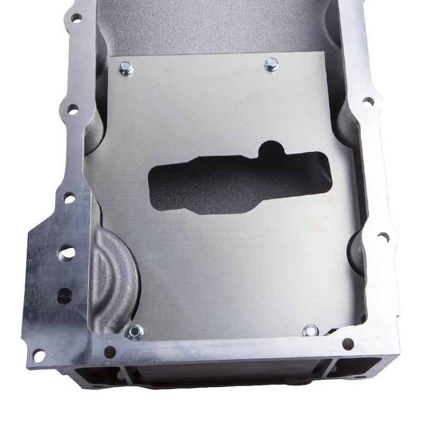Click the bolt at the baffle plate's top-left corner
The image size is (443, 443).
click(125, 68)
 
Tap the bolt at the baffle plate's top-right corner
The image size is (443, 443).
click(271, 63)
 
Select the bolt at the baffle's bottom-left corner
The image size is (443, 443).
click(134, 331)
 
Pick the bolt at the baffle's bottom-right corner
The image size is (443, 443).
click(310, 330)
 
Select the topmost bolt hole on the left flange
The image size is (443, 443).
click(76, 18)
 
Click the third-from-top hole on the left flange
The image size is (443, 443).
click(68, 198)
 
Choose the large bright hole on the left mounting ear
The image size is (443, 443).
click(66, 253)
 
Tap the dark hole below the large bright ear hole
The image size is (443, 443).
click(64, 295)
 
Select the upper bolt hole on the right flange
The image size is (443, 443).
click(368, 101)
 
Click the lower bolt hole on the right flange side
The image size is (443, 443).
click(382, 237)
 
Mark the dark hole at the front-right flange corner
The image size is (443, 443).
click(347, 344)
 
